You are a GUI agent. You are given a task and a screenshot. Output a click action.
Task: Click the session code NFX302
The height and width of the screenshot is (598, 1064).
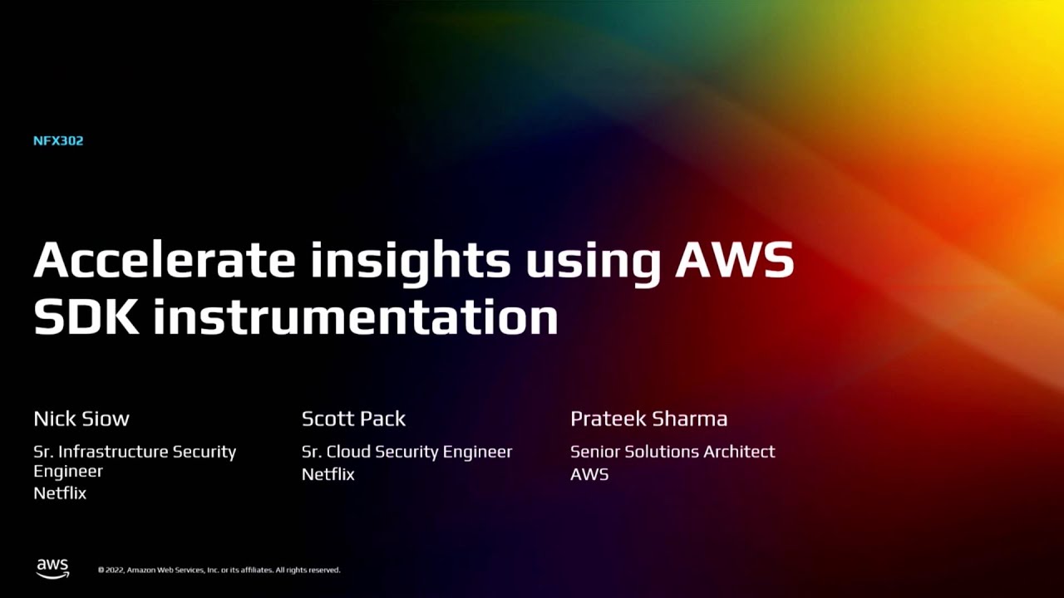point(58,141)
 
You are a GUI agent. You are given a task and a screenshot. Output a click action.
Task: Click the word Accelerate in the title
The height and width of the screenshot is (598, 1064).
point(165,260)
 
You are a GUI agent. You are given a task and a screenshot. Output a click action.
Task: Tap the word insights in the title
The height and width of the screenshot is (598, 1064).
point(411,260)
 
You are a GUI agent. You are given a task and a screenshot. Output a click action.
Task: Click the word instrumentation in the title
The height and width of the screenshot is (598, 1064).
point(355,316)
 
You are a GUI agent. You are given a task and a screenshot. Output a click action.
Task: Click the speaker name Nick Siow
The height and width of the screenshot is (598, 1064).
point(81,419)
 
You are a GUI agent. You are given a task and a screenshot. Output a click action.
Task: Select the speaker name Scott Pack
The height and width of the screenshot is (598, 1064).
point(353,419)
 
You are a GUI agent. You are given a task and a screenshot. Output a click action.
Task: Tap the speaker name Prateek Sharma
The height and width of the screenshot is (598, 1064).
point(648,419)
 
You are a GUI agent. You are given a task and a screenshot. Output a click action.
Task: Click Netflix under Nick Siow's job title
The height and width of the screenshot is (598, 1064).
point(60,493)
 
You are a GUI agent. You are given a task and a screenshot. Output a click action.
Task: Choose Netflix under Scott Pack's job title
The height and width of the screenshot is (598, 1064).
point(328,474)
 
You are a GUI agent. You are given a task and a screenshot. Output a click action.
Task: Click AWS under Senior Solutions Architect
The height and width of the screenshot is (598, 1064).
point(589,474)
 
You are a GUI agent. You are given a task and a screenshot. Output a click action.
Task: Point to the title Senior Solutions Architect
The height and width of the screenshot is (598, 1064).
point(672,452)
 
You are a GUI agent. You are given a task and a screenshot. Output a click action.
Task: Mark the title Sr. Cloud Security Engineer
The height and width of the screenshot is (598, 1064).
point(406,452)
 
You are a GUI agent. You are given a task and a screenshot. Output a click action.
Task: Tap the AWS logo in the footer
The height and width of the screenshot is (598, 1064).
point(52,568)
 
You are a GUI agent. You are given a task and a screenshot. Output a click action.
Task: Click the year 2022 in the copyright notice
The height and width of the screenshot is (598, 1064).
point(113,571)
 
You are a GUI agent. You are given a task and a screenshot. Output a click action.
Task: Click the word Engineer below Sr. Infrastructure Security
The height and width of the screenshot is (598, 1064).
point(68,472)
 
